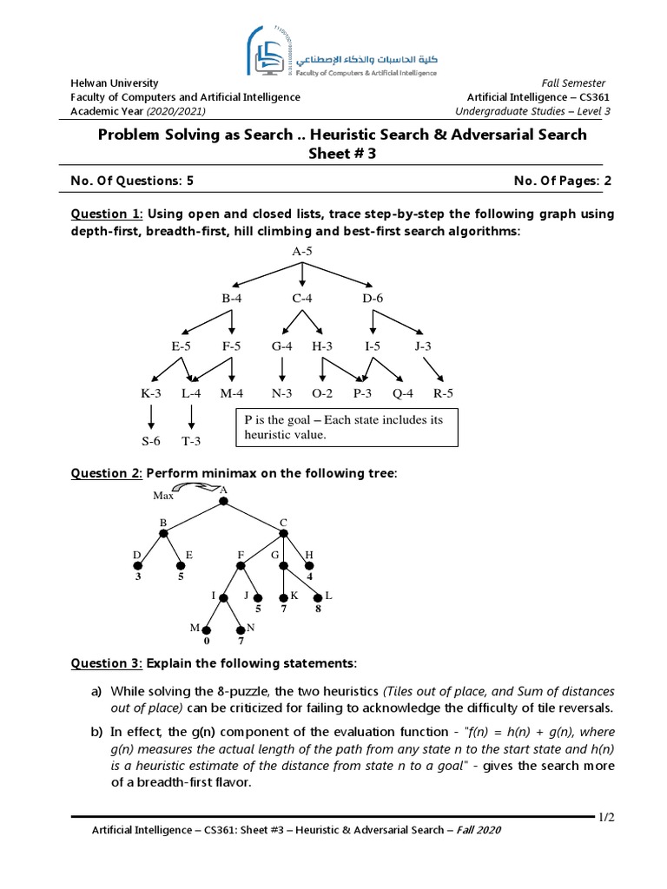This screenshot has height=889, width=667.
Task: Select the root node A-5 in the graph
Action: pos(301,251)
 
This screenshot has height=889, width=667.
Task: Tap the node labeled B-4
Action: pos(232,299)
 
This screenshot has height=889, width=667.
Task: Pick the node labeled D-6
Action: pos(373,299)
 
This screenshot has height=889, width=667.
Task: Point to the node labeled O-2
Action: pos(322,393)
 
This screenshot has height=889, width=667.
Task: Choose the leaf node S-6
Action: pos(151,441)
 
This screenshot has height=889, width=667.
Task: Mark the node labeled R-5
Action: pos(443,393)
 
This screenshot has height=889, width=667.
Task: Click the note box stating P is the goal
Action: pos(347,427)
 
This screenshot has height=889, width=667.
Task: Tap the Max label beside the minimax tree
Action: pos(163,496)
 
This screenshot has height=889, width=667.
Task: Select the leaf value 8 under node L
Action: pos(318,609)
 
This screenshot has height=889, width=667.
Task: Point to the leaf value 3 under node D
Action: pos(137,576)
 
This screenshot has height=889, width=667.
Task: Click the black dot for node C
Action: pos(283,532)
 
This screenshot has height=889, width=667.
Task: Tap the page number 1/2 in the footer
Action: pos(605,817)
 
